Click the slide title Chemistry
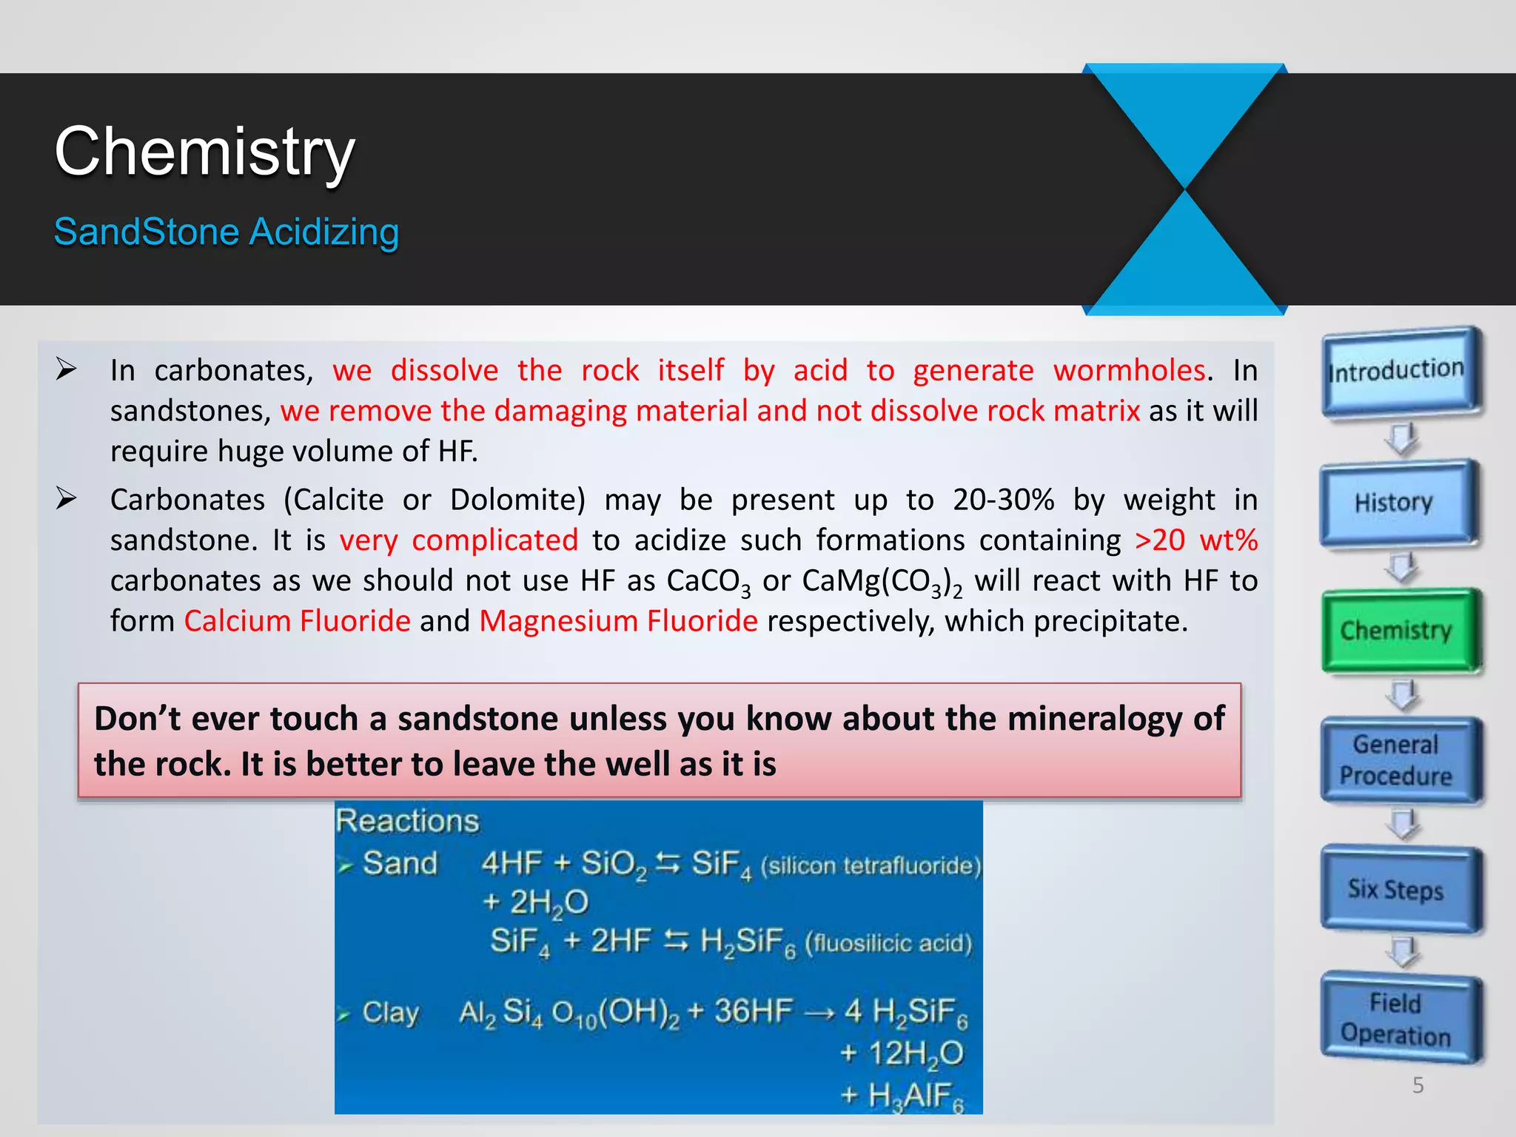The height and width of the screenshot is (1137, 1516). pyautogui.click(x=205, y=152)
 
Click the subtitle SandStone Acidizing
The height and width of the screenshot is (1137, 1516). pyautogui.click(x=227, y=232)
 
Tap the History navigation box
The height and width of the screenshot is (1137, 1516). pyautogui.click(x=1395, y=503)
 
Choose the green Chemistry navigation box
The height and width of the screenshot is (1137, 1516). pyautogui.click(x=1396, y=631)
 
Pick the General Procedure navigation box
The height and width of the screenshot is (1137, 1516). pyautogui.click(x=1396, y=760)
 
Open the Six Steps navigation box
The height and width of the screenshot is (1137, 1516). pyautogui.click(x=1396, y=889)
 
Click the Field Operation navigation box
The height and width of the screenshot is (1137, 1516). pyautogui.click(x=1396, y=1019)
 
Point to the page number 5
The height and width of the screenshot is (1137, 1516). pyautogui.click(x=1418, y=1085)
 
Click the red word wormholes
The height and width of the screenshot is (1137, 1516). pyautogui.click(x=1130, y=371)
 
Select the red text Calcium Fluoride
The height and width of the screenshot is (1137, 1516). pyautogui.click(x=297, y=621)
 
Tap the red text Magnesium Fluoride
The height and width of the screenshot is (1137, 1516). pyautogui.click(x=618, y=621)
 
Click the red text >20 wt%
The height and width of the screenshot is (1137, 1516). pyautogui.click(x=1195, y=540)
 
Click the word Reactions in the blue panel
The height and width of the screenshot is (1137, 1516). pyautogui.click(x=407, y=822)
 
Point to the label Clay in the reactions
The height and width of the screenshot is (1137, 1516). pyautogui.click(x=390, y=1012)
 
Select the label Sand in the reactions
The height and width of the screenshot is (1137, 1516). pyautogui.click(x=400, y=863)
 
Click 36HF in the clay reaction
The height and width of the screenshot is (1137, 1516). pyautogui.click(x=753, y=1011)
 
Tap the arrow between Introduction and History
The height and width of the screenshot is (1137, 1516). pyautogui.click(x=1401, y=438)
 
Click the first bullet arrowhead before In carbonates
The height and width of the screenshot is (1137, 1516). pyautogui.click(x=67, y=369)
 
